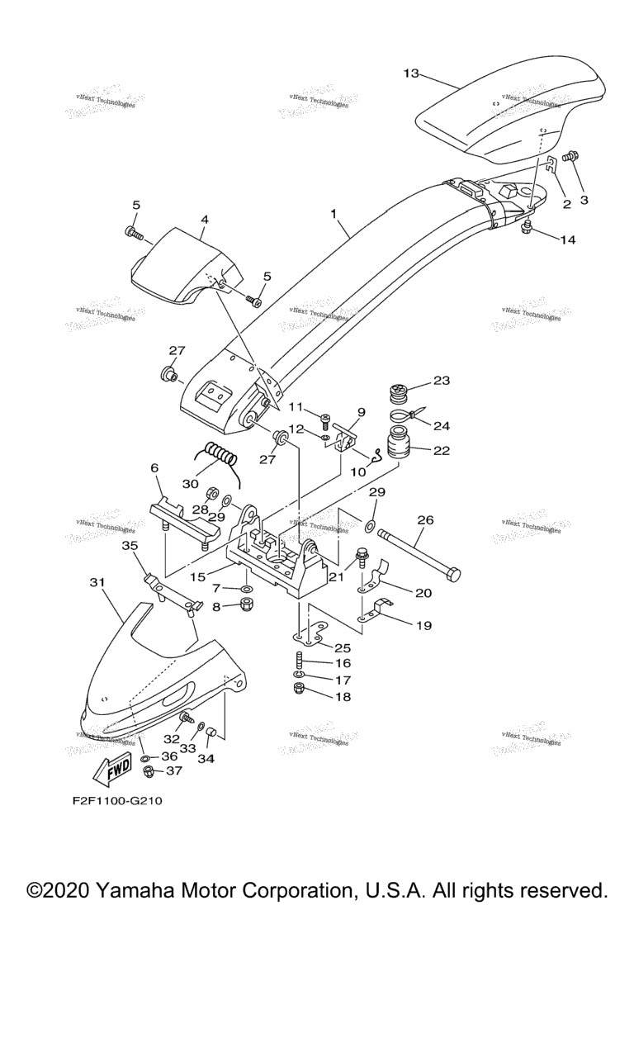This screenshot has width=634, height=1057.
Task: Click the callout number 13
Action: tap(410, 73)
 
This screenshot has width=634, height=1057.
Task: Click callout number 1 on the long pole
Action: tap(334, 213)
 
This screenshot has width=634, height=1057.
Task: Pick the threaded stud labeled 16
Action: tap(297, 663)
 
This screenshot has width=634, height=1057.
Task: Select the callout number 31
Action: tap(97, 583)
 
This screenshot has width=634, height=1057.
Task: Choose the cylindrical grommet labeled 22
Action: tap(403, 447)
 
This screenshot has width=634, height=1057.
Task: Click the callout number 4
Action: tap(204, 220)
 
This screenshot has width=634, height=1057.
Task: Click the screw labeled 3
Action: tap(569, 156)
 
